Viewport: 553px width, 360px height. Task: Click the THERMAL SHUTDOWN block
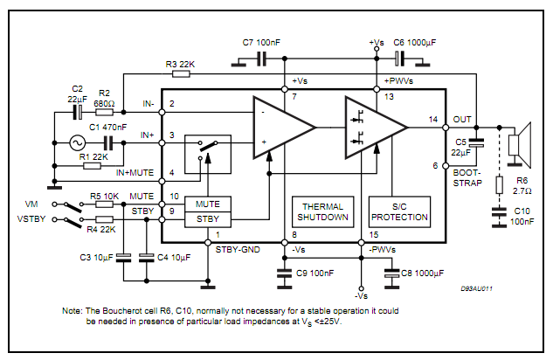click(x=322, y=212)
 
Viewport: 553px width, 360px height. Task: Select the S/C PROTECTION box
click(x=399, y=212)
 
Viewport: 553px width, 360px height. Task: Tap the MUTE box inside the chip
click(x=208, y=204)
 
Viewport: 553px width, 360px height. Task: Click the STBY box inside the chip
click(x=208, y=219)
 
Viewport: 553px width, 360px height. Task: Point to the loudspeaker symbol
click(x=520, y=144)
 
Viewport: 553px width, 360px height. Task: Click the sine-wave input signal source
click(x=77, y=142)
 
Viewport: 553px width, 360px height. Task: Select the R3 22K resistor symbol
click(x=181, y=73)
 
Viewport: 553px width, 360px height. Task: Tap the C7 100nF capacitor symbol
click(x=261, y=59)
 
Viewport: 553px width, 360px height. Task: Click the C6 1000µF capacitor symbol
click(x=399, y=59)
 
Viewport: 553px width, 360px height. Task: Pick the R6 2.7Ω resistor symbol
click(x=499, y=185)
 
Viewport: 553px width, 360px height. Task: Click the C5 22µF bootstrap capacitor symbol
click(x=476, y=142)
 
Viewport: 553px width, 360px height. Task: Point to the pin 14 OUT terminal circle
click(x=446, y=128)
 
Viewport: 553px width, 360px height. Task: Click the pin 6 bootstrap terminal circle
click(x=446, y=166)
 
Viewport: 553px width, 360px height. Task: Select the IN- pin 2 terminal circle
click(x=162, y=112)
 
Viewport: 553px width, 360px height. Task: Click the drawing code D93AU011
click(x=476, y=288)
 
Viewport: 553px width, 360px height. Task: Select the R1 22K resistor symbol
click(x=92, y=166)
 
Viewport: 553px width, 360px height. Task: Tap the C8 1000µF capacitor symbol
click(x=391, y=273)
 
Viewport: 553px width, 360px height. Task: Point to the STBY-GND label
click(x=238, y=250)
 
